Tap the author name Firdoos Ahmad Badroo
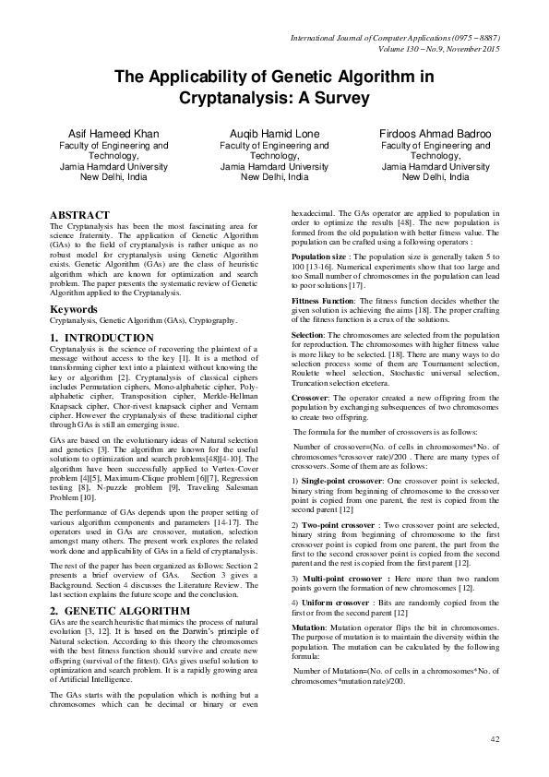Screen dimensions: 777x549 point(436,134)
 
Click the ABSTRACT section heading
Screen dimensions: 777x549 point(79,214)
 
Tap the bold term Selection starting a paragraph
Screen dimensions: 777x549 point(308,333)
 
